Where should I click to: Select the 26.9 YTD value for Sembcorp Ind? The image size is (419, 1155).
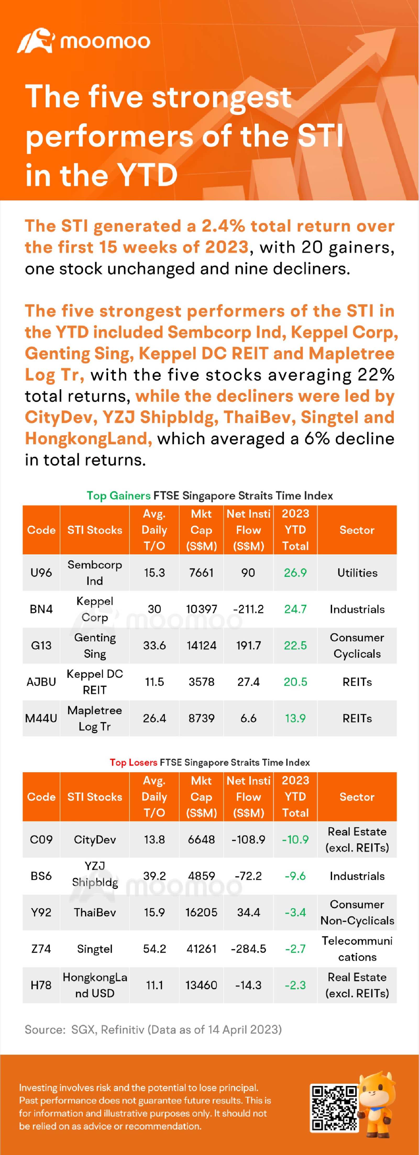click(295, 573)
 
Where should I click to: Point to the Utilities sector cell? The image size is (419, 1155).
click(357, 573)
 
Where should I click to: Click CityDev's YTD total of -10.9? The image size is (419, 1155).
click(295, 839)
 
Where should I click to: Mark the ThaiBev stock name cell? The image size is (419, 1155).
click(95, 912)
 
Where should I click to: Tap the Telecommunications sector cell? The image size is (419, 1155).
click(357, 949)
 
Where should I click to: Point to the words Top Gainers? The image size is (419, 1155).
click(118, 495)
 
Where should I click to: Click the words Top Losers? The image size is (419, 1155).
click(133, 762)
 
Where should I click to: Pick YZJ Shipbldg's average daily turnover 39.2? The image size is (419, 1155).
click(154, 876)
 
